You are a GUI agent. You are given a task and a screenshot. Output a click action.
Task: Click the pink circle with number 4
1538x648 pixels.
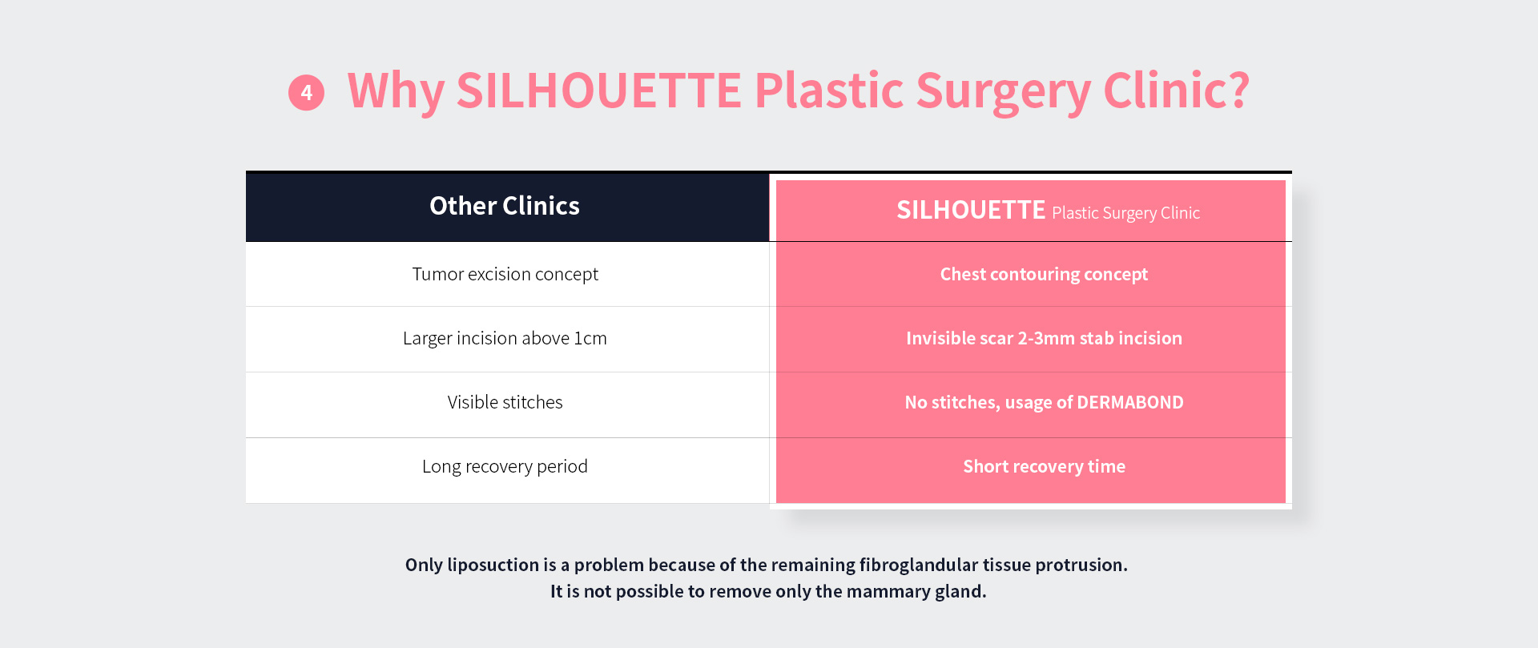pos(306,93)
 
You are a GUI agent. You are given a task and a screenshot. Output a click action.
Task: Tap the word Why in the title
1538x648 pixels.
pos(396,91)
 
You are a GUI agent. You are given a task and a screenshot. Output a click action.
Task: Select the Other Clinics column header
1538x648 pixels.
pos(505,206)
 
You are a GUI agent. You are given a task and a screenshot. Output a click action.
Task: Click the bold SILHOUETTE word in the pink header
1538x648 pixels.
pos(971,210)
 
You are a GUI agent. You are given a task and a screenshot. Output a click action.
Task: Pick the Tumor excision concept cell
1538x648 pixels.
pos(505,274)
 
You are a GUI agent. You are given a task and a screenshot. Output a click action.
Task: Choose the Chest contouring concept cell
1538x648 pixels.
pos(1044,274)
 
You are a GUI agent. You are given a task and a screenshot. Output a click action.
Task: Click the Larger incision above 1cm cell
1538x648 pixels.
pos(505,338)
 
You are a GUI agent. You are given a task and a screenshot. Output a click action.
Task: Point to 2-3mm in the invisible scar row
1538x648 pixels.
pos(1046,338)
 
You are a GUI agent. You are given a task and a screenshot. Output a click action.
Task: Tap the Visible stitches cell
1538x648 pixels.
pos(505,402)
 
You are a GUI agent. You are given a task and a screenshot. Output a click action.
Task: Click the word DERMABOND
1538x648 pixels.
pos(1130,402)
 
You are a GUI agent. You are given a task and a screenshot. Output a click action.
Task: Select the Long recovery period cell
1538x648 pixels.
pos(505,466)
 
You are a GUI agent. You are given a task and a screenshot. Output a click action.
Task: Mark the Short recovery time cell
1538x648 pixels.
pos(1044,466)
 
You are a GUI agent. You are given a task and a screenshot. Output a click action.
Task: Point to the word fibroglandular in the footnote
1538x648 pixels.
pos(919,565)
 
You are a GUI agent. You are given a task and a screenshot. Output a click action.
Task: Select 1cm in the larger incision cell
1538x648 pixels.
pos(590,338)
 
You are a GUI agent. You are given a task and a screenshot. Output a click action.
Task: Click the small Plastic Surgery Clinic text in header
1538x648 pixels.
pos(1125,213)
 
